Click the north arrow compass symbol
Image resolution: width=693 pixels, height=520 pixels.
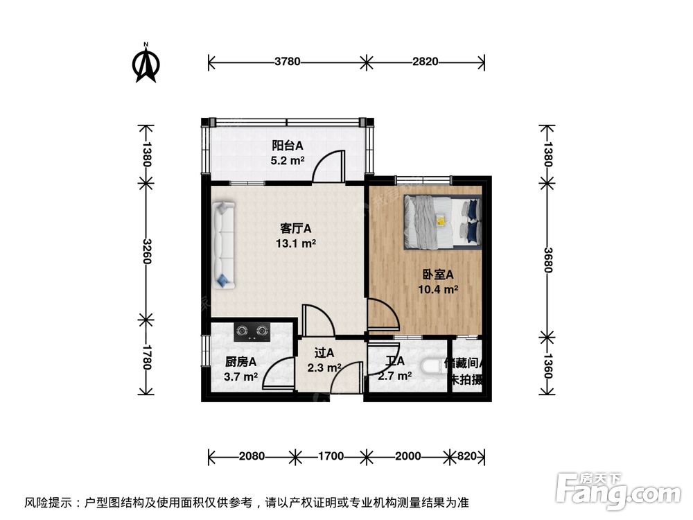click(x=146, y=64)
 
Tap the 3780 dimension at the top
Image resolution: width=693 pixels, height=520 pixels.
click(x=287, y=62)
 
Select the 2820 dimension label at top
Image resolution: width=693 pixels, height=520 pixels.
click(x=425, y=62)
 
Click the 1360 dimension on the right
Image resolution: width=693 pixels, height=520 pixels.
click(x=547, y=365)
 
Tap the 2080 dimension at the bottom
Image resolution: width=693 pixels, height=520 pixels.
click(x=251, y=456)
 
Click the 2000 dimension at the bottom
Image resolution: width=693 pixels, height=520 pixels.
click(x=407, y=456)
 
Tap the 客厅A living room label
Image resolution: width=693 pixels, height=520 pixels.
click(x=295, y=228)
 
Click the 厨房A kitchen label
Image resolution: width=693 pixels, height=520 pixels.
click(x=241, y=361)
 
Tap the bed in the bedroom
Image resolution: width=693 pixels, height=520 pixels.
click(x=442, y=220)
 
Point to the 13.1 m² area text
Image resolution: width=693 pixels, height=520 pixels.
click(x=295, y=243)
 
